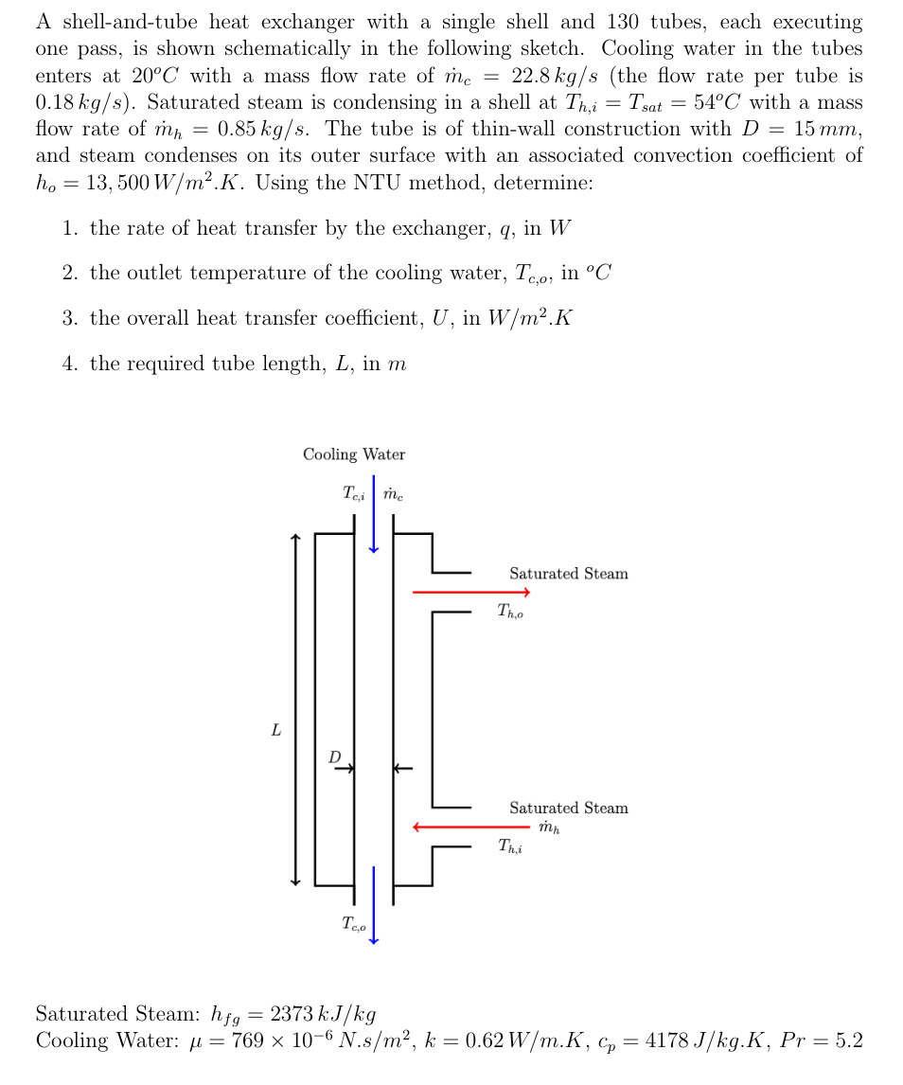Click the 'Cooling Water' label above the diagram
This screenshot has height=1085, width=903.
tap(353, 454)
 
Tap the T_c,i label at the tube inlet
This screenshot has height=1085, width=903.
tap(356, 493)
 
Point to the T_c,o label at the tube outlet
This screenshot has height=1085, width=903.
tap(355, 924)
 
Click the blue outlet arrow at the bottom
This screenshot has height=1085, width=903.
tap(374, 904)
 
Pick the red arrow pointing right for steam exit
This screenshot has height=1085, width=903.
tap(470, 593)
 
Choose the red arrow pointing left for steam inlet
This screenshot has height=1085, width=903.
tap(470, 827)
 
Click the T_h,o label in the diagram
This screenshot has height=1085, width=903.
tap(509, 613)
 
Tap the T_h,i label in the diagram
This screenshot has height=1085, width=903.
tap(509, 846)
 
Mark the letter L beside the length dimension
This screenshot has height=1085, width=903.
tap(275, 731)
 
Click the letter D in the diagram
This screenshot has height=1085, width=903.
tap(334, 757)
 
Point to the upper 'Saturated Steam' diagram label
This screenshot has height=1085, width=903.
tap(568, 574)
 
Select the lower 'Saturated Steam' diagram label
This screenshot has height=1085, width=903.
tap(568, 808)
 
